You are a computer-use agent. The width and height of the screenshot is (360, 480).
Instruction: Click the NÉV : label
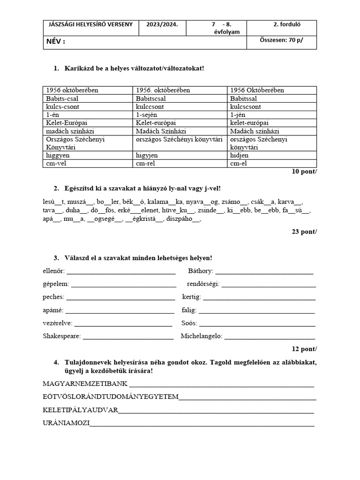[56, 42]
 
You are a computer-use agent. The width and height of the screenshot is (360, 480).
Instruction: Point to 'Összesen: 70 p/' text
[281, 40]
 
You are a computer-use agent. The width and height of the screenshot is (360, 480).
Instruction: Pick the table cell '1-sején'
[150, 114]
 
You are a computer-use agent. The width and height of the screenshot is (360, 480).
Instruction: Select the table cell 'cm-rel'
[146, 163]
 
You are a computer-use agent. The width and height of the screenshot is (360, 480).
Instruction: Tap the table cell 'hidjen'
[240, 155]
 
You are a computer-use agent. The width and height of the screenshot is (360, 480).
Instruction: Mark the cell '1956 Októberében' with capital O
[257, 90]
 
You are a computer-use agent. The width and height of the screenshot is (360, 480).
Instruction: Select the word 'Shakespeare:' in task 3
[61, 336]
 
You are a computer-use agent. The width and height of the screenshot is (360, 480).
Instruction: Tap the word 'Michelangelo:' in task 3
[201, 336]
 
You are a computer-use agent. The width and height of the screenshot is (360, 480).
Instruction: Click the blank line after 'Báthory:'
[264, 271]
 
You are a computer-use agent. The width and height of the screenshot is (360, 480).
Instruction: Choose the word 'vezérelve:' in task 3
[57, 323]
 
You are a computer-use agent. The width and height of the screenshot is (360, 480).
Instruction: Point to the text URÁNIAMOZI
[66, 422]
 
